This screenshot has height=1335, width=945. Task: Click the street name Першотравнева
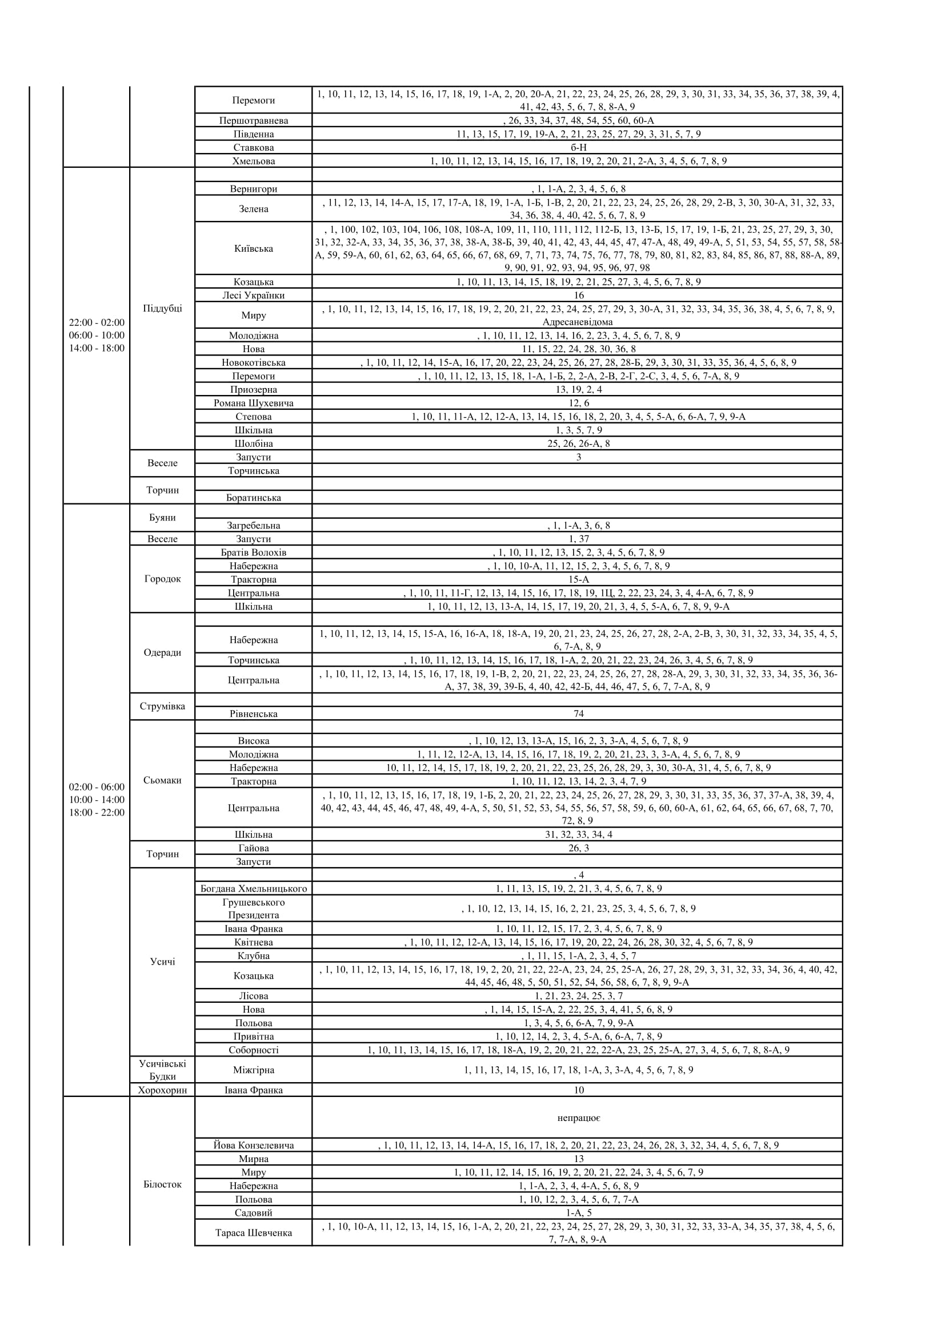click(x=253, y=120)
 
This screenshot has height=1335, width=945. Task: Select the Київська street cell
click(x=253, y=248)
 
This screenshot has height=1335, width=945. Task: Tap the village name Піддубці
click(x=162, y=308)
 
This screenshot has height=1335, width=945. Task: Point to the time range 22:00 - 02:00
click(x=97, y=322)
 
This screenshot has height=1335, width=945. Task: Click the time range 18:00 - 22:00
click(x=97, y=812)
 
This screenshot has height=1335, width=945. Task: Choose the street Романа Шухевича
click(x=253, y=403)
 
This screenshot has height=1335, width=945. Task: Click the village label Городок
click(x=162, y=579)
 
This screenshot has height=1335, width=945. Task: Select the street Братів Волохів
click(x=253, y=552)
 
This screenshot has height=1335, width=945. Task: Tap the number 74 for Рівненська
click(x=578, y=713)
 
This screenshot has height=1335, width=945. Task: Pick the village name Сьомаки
click(x=162, y=780)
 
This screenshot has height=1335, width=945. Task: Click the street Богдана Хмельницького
click(x=253, y=889)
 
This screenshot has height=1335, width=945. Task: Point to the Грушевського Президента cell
click(x=253, y=908)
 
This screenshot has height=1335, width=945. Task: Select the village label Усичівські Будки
click(x=162, y=1070)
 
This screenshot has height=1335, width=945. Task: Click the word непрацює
click(x=578, y=1118)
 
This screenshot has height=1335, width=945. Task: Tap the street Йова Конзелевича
click(x=253, y=1146)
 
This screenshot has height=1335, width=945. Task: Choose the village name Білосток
click(x=162, y=1184)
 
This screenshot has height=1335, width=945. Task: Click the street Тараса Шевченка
click(x=253, y=1233)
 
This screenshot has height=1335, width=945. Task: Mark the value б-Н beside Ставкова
click(x=578, y=147)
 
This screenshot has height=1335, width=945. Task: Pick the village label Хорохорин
click(x=162, y=1090)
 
